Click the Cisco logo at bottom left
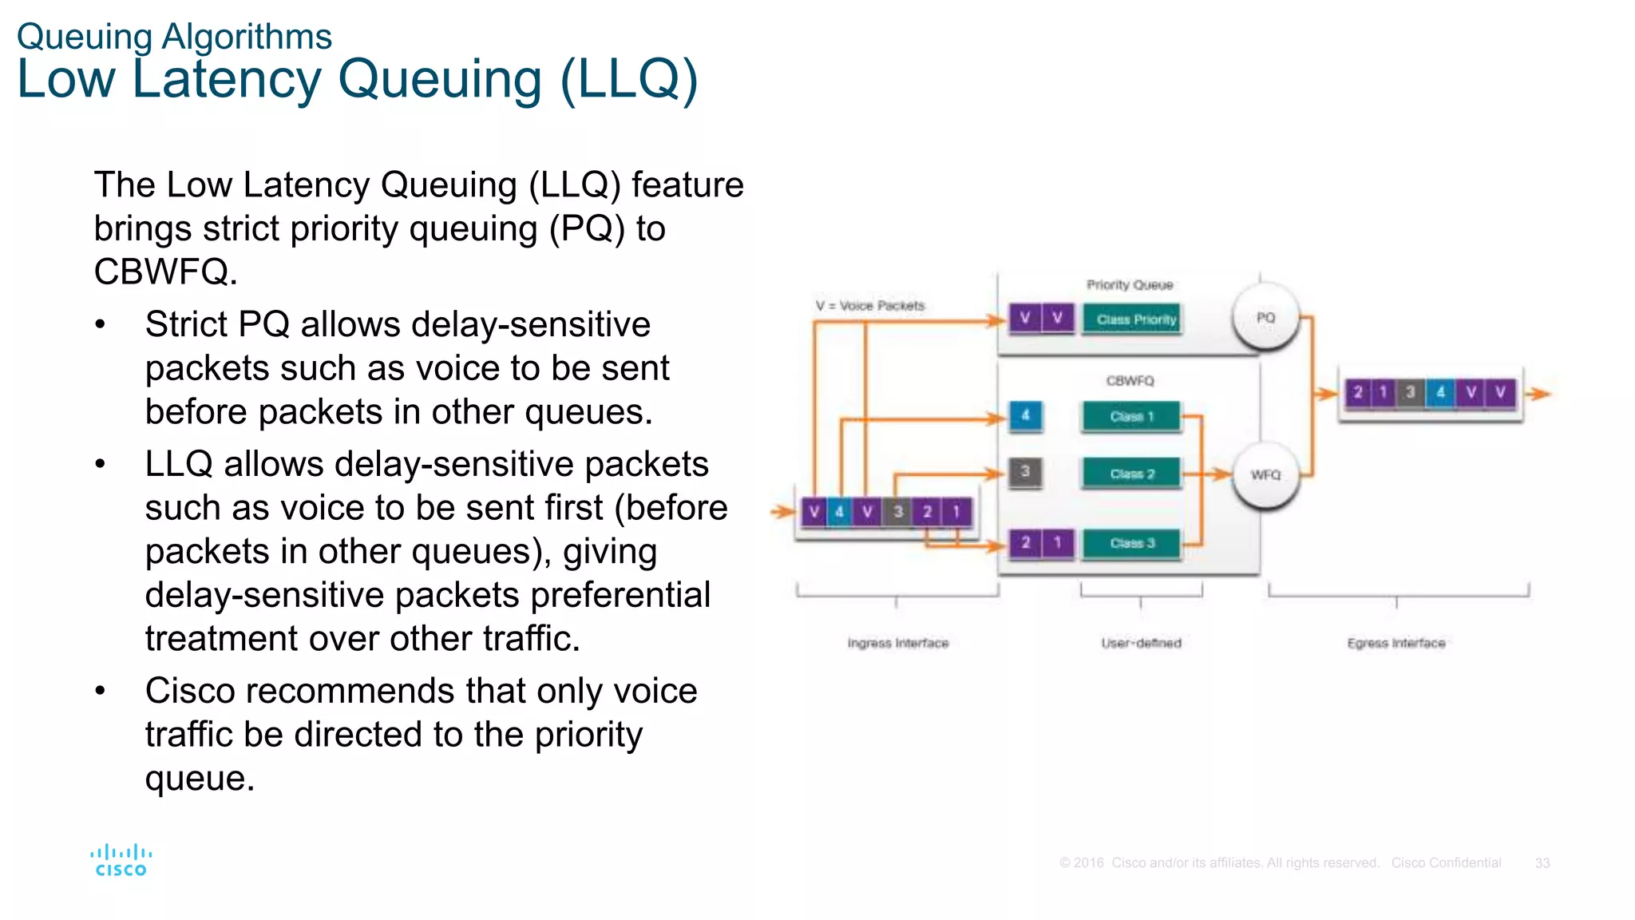pyautogui.click(x=121, y=860)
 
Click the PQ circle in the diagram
pyautogui.click(x=1265, y=318)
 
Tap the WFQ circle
pyautogui.click(x=1265, y=475)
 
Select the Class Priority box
pyautogui.click(x=1131, y=319)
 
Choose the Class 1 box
pyautogui.click(x=1131, y=417)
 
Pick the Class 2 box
pyautogui.click(x=1131, y=474)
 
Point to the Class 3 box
pyautogui.click(x=1131, y=543)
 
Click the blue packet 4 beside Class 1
pyautogui.click(x=1025, y=415)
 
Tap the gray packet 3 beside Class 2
pyautogui.click(x=1025, y=472)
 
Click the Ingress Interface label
pyautogui.click(x=897, y=643)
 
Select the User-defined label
pyautogui.click(x=1141, y=643)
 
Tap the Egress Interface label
pyautogui.click(x=1396, y=643)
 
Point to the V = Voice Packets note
pyautogui.click(x=869, y=306)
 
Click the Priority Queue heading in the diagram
pyautogui.click(x=1130, y=285)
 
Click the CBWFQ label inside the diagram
pyautogui.click(x=1130, y=381)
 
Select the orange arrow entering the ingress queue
pyautogui.click(x=782, y=512)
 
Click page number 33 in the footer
pyautogui.click(x=1542, y=863)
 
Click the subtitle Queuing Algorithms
pyautogui.click(x=174, y=37)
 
